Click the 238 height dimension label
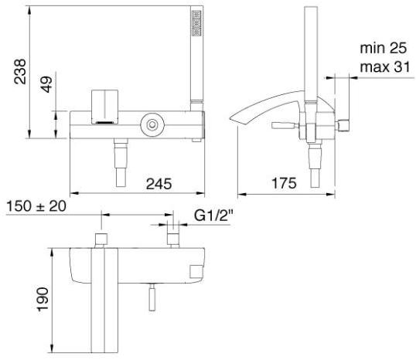[20, 71]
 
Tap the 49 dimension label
[46, 84]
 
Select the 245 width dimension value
[159, 184]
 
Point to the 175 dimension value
[284, 183]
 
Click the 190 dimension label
[43, 299]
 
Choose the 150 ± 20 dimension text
[36, 206]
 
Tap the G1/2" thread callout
[213, 216]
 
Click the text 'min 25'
[383, 48]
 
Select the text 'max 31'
[385, 66]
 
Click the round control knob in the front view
[152, 124]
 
